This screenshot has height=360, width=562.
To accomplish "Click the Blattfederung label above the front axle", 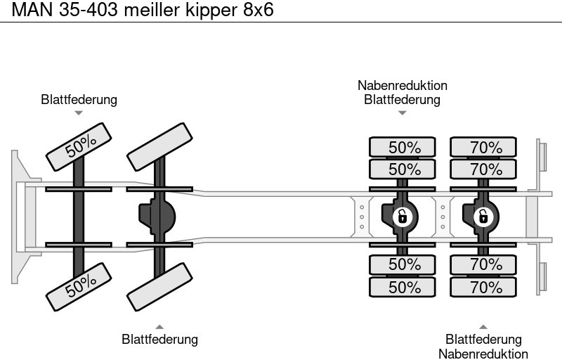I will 79,100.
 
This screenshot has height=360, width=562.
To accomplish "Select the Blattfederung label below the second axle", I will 159,340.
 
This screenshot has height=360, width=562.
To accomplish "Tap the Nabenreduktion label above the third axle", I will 402,86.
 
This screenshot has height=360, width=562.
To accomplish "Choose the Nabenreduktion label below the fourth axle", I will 483,354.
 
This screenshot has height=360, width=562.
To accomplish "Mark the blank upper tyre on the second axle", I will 159,146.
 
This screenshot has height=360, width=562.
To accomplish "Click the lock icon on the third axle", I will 402,216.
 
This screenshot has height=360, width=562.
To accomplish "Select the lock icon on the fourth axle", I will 483,216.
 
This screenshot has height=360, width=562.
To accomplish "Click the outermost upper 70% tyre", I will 483,148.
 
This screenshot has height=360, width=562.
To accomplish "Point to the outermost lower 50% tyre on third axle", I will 402,287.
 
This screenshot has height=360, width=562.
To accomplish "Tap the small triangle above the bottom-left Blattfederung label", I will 159,326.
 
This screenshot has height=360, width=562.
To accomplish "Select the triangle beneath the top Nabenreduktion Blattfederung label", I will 402,112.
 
